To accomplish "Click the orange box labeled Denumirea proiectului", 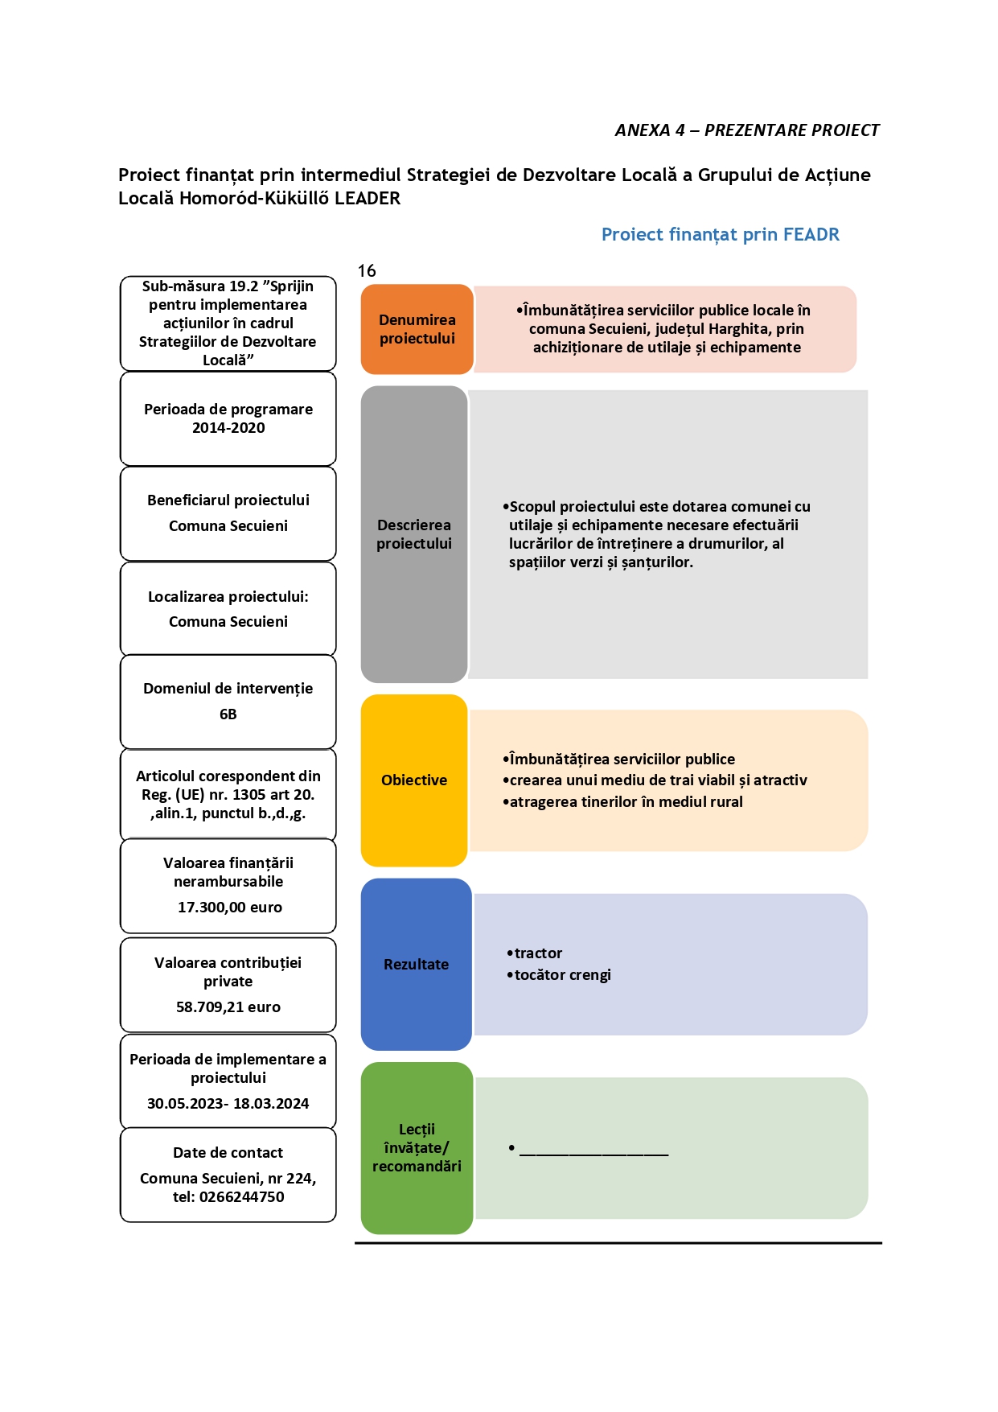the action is pyautogui.click(x=417, y=329).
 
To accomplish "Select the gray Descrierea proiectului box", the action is pyautogui.click(x=414, y=534).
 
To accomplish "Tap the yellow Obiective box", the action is pyautogui.click(x=414, y=780).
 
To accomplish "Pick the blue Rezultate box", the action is pyautogui.click(x=416, y=964).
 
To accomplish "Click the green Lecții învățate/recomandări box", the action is pyautogui.click(x=417, y=1148).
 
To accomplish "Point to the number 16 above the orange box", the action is pyautogui.click(x=367, y=271).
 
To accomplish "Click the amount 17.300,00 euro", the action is pyautogui.click(x=230, y=908).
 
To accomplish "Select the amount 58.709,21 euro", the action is pyautogui.click(x=228, y=1007).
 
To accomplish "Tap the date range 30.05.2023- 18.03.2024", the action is pyautogui.click(x=228, y=1104).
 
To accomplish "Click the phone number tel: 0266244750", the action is pyautogui.click(x=228, y=1197).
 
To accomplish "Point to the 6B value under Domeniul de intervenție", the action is pyautogui.click(x=228, y=714).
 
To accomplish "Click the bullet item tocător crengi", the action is pyautogui.click(x=559, y=975).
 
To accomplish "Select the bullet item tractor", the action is pyautogui.click(x=535, y=953).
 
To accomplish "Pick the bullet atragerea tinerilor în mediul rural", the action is pyautogui.click(x=623, y=802).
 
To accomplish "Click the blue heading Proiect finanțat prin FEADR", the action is pyautogui.click(x=721, y=234).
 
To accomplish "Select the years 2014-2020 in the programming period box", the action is pyautogui.click(x=228, y=428).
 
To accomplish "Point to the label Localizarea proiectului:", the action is pyautogui.click(x=228, y=597).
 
